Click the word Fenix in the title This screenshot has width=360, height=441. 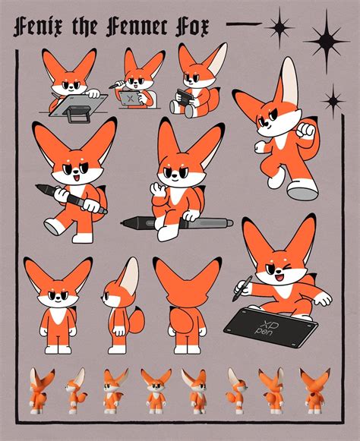(x=33, y=27)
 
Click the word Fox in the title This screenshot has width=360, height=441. (x=192, y=27)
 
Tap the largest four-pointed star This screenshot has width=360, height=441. (x=327, y=42)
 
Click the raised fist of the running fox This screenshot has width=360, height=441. (x=306, y=131)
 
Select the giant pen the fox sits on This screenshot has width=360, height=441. (x=177, y=222)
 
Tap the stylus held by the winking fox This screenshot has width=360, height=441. (x=242, y=288)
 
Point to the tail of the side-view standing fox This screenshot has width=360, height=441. (x=137, y=320)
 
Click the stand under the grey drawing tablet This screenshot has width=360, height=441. (x=77, y=115)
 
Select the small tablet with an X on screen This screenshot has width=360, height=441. (x=130, y=98)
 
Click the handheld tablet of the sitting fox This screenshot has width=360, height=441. (x=185, y=97)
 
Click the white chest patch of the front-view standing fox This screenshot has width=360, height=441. (x=58, y=316)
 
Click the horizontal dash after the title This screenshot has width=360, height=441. (x=244, y=24)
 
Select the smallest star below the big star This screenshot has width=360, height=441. (x=333, y=101)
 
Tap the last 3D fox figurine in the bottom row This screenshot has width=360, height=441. (x=314, y=391)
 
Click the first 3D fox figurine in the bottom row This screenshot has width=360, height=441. (x=41, y=391)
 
